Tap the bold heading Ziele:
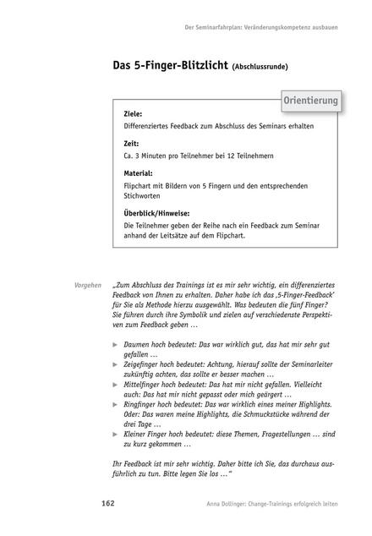133,113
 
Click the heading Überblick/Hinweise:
156,214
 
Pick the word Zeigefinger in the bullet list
145,370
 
